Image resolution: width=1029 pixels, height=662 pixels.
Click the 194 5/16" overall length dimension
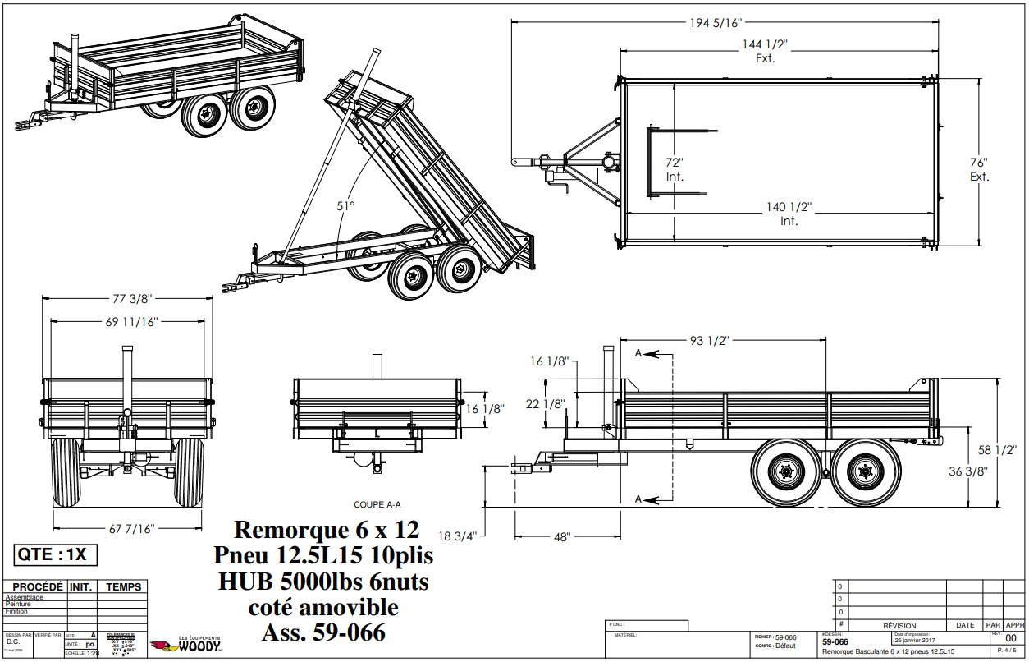click(716, 23)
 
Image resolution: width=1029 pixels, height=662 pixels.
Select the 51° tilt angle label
click(345, 206)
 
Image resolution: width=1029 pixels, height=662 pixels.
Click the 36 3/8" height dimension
click(967, 471)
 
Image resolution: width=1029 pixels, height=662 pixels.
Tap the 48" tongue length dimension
click(561, 537)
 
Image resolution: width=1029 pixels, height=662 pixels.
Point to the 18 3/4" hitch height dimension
click(456, 536)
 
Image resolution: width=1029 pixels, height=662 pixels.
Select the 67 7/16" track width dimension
click(127, 528)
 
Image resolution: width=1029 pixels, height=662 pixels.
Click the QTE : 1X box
click(56, 554)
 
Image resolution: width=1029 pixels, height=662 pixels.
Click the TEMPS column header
click(123, 586)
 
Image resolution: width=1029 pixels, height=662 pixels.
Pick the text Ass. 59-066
click(323, 632)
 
